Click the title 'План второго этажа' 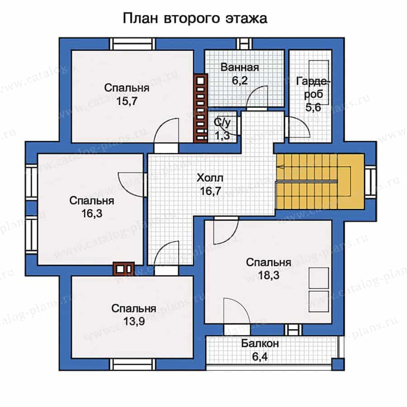click(194, 19)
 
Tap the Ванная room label click(240, 68)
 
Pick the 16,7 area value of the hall click(211, 191)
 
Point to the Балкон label click(260, 344)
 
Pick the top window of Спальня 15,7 click(133, 44)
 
